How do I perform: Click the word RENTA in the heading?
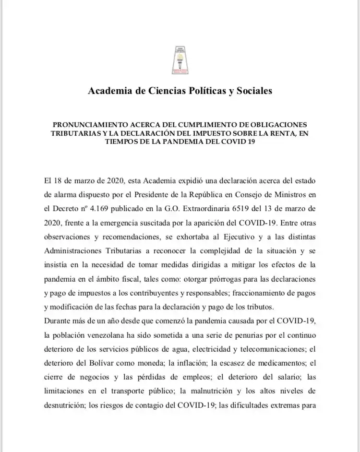point(280,133)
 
